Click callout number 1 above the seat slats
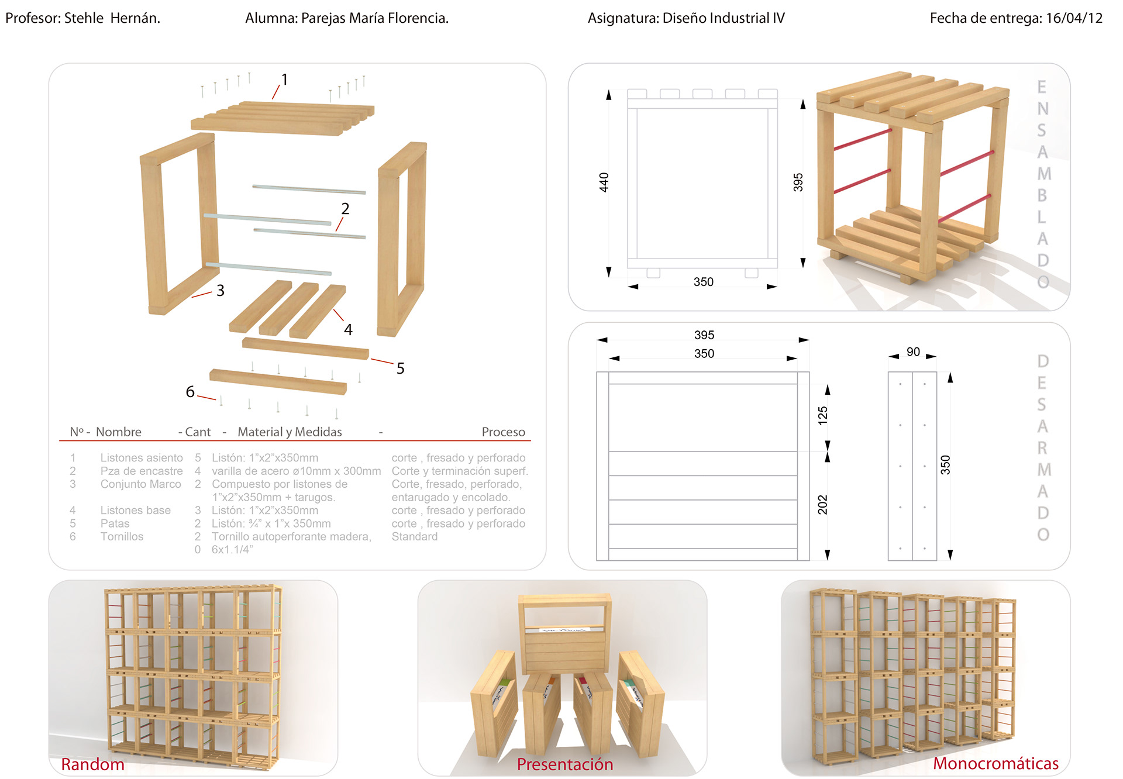click(284, 80)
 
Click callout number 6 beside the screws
click(190, 392)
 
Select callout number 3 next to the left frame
click(221, 291)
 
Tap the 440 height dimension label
click(604, 182)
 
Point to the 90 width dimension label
click(913, 352)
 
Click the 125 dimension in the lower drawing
click(822, 415)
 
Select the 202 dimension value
click(822, 505)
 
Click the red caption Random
click(92, 764)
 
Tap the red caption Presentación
click(564, 764)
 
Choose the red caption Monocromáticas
click(995, 763)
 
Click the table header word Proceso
click(503, 432)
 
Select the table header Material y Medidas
click(290, 432)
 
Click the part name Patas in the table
click(115, 523)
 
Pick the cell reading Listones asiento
click(142, 458)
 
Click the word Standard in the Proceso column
click(414, 537)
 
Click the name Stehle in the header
click(84, 18)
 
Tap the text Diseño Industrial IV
click(723, 18)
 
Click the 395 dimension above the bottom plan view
click(704, 335)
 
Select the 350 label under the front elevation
click(703, 282)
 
